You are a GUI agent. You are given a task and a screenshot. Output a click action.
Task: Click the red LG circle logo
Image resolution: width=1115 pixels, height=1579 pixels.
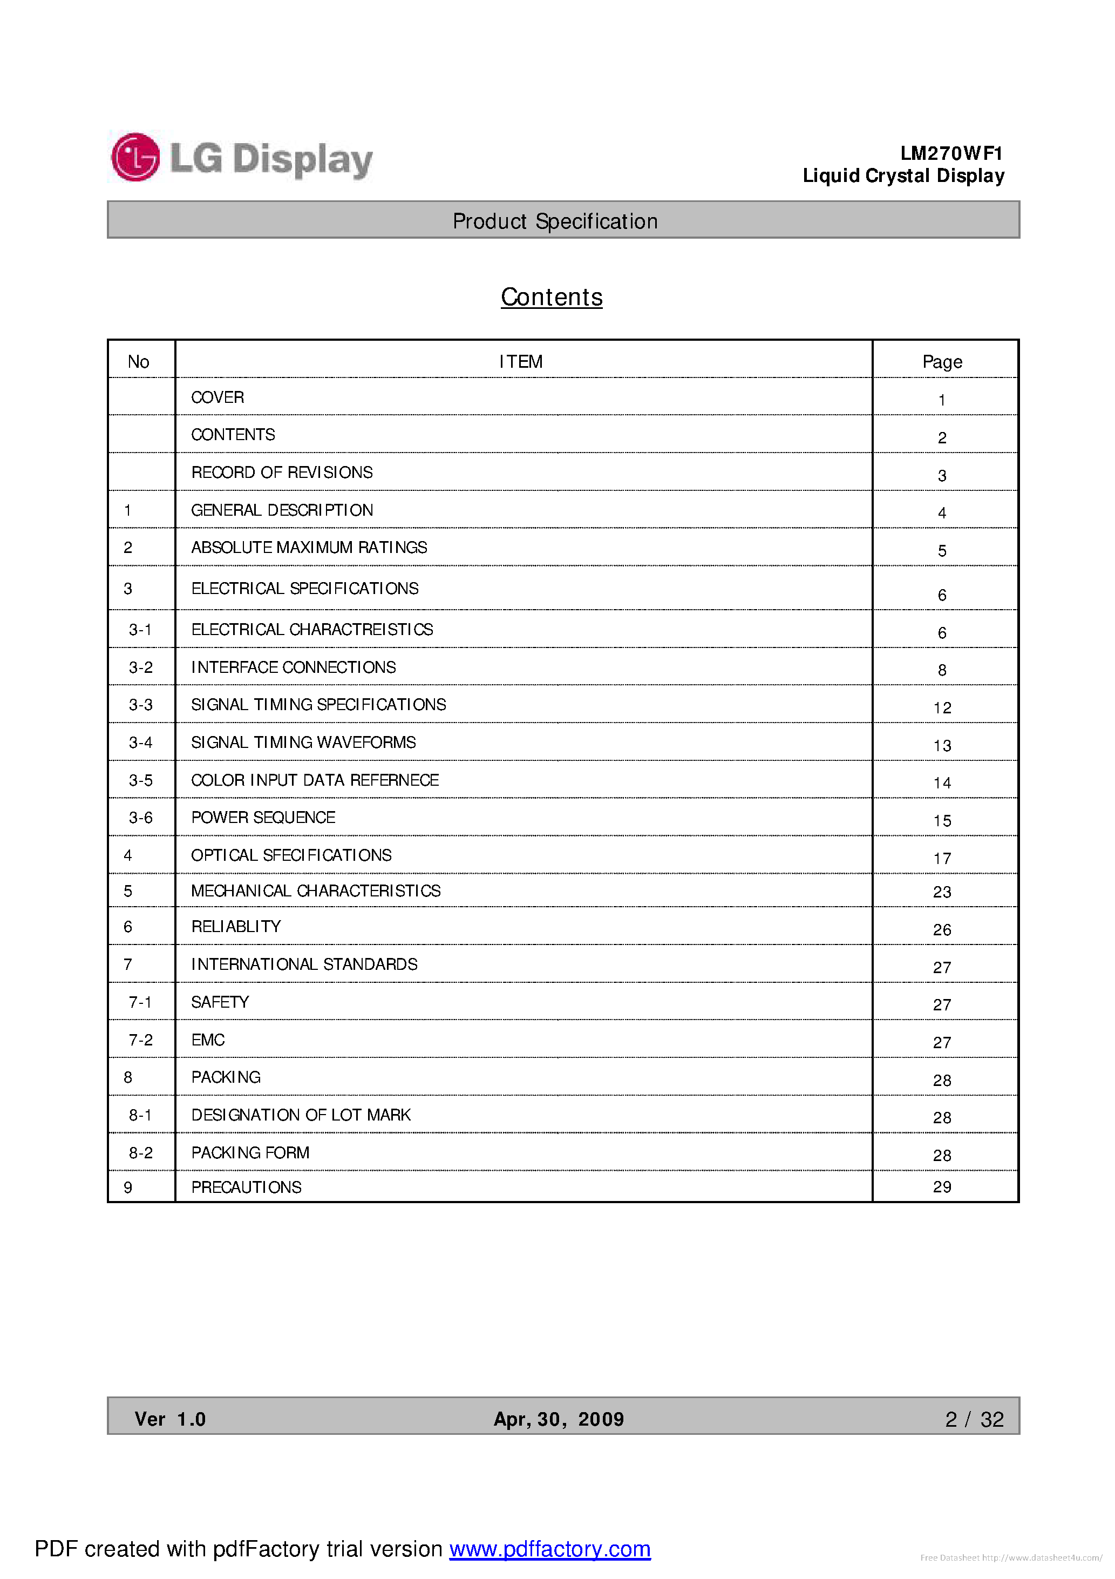point(135,158)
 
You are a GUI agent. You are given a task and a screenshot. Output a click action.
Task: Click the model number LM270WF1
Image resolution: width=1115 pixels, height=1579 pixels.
point(951,153)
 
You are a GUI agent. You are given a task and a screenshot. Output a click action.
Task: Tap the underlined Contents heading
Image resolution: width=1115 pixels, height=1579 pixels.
point(552,297)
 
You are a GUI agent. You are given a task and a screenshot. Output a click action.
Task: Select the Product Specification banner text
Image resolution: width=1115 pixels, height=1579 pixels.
point(555,221)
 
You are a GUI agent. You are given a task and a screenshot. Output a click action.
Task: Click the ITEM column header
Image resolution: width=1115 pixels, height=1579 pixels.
point(520,362)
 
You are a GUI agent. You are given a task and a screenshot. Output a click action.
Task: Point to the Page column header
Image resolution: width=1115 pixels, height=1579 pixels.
point(942,362)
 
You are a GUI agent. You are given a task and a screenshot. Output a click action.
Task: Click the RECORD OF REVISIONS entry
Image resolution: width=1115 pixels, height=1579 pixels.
point(282,473)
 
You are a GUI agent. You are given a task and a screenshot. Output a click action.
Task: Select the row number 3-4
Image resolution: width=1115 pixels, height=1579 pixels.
point(140,743)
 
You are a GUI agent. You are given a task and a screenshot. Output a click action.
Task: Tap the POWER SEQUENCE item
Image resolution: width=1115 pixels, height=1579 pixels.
point(263,818)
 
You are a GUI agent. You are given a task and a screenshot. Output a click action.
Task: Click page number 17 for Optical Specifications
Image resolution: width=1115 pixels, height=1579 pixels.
point(942,858)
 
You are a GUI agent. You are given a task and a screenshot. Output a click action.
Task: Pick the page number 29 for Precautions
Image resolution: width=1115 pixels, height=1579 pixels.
point(942,1187)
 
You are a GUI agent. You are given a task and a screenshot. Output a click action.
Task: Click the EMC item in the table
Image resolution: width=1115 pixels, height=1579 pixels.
point(208,1040)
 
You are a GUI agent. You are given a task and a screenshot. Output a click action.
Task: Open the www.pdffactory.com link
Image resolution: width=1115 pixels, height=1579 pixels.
point(550,1549)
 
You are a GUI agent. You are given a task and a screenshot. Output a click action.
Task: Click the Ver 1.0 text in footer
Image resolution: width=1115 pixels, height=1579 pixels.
point(170,1420)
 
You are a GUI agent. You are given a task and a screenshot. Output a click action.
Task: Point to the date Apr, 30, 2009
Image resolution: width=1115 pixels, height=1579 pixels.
point(558,1420)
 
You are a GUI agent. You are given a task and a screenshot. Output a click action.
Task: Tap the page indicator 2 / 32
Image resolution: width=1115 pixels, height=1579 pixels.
point(974,1420)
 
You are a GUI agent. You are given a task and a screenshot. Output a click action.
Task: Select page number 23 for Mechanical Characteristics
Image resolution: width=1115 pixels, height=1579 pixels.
point(942,892)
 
